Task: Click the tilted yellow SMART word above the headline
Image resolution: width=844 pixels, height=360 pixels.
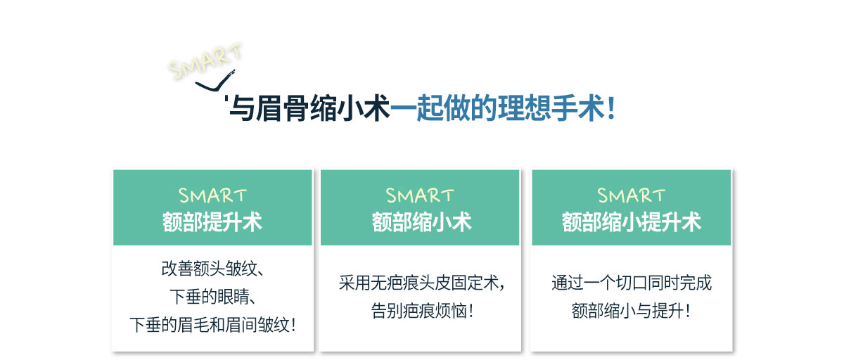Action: tap(205, 61)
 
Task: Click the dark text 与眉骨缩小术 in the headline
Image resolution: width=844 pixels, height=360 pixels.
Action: tap(309, 108)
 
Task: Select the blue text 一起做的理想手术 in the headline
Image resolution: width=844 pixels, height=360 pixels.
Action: tap(497, 108)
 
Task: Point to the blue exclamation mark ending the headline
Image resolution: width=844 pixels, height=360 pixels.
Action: tap(611, 108)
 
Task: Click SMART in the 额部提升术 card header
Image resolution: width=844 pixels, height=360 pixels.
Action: tap(212, 195)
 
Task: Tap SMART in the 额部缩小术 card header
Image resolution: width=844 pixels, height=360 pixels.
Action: tap(420, 195)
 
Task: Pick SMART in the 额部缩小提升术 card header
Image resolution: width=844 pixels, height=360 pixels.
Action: tap(631, 195)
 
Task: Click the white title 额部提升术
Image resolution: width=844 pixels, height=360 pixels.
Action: tap(212, 221)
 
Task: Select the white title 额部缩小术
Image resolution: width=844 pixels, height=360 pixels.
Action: tap(421, 221)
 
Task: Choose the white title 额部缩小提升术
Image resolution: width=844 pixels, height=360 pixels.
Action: tap(631, 221)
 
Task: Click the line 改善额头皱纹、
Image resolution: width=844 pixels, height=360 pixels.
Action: tap(212, 269)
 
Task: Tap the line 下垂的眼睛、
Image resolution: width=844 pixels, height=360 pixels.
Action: tap(213, 297)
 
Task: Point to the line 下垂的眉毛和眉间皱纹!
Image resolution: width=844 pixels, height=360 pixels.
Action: tap(212, 325)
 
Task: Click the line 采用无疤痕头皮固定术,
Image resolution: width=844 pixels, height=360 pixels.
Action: tap(421, 283)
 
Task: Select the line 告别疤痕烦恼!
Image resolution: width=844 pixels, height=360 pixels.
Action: tap(422, 311)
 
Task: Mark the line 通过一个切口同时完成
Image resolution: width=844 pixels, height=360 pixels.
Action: tap(632, 283)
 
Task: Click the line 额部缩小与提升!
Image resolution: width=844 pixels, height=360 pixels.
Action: tap(631, 311)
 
